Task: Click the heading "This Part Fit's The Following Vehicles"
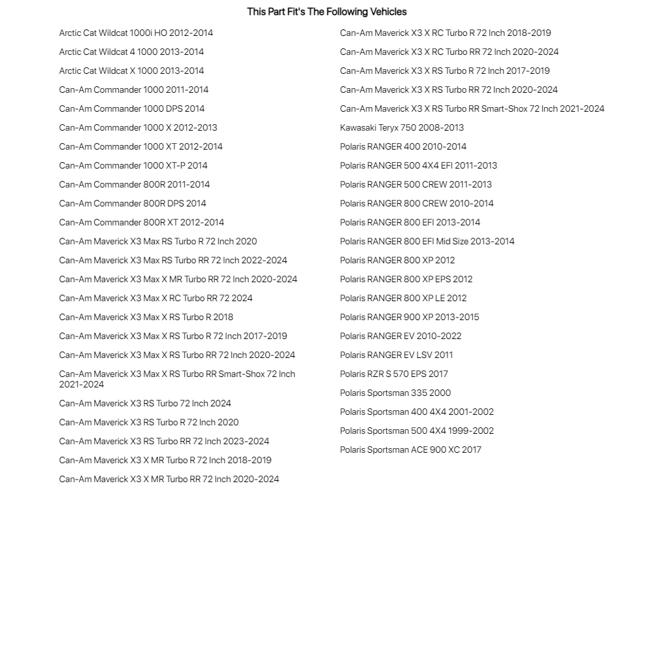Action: (327, 12)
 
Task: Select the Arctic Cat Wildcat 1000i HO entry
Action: (136, 33)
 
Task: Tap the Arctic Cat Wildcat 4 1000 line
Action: (131, 52)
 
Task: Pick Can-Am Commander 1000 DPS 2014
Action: (131, 109)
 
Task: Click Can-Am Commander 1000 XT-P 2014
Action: (133, 166)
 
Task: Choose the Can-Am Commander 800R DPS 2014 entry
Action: (133, 204)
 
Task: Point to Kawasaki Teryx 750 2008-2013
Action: (402, 128)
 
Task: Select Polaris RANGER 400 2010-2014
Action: (403, 147)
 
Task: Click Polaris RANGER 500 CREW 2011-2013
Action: (416, 185)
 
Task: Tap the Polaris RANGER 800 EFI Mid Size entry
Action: (427, 242)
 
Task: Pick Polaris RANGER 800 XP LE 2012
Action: (403, 299)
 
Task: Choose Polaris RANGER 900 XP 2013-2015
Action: (409, 318)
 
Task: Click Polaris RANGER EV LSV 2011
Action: (396, 355)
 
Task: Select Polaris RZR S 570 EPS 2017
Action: (394, 374)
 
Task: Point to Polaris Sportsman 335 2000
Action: (395, 393)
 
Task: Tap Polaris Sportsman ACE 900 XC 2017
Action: (410, 450)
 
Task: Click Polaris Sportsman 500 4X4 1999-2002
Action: (417, 431)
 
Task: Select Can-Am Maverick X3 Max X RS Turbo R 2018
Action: (146, 318)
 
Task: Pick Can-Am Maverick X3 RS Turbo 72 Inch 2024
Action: (145, 404)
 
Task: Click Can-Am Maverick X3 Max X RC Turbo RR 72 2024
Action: (155, 299)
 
